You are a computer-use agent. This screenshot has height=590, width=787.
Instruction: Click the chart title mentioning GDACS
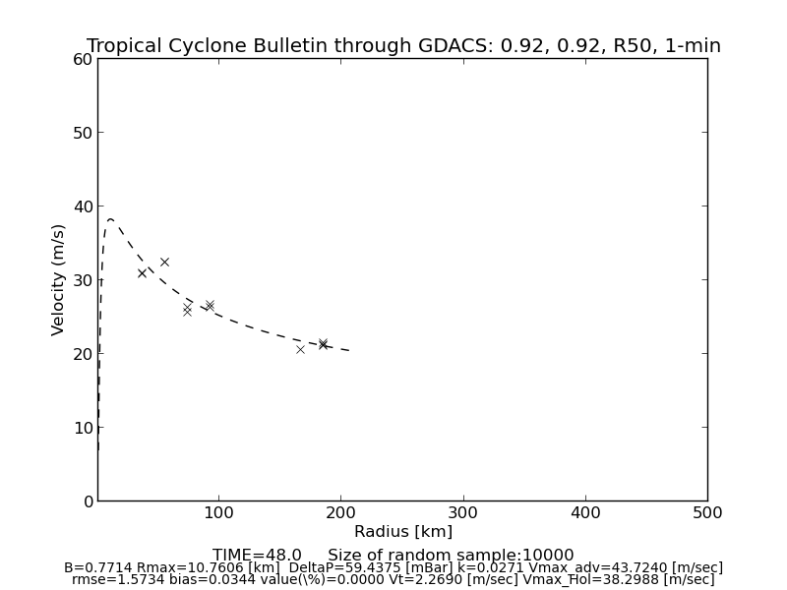pos(403,46)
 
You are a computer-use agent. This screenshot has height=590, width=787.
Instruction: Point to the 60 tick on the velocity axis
pos(82,59)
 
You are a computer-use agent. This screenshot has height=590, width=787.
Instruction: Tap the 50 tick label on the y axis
pos(82,133)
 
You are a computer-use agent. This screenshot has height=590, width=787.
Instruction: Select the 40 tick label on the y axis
pos(82,206)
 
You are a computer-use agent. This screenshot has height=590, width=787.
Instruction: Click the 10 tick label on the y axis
pos(82,428)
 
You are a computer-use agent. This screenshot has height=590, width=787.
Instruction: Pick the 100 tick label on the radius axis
pos(218,512)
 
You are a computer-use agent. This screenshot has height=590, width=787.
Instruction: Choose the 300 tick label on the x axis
pos(462,512)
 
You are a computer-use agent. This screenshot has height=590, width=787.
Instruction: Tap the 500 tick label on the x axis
pos(706,512)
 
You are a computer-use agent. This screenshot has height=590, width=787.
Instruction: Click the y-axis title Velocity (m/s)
pos(59,279)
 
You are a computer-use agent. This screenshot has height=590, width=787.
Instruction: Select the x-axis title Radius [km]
pos(403,532)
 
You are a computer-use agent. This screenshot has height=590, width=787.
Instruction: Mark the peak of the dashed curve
pos(111,219)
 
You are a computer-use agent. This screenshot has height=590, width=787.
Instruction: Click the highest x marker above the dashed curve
pos(164,262)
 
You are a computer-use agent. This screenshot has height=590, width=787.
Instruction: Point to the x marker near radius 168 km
pos(301,349)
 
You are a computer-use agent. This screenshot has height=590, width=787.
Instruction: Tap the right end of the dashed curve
pos(350,350)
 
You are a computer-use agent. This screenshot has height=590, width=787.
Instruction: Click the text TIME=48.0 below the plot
pos(257,556)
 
